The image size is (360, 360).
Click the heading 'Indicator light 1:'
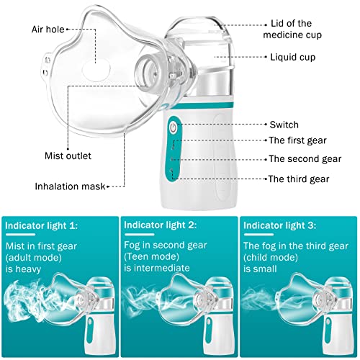[x=42, y=224]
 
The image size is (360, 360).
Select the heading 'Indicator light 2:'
[x=160, y=224]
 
